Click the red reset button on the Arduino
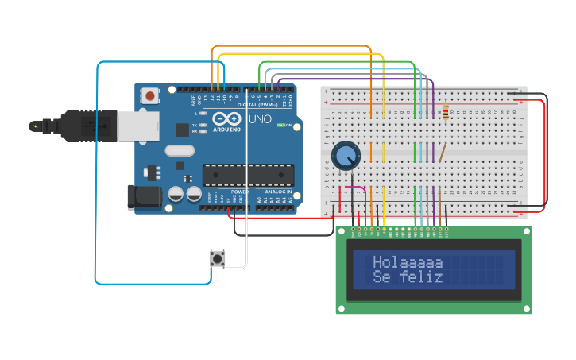[x=149, y=96]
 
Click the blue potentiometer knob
[x=346, y=156]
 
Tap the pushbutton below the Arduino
[x=217, y=258]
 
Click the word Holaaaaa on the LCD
[x=408, y=262]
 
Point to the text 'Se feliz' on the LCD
[x=408, y=277]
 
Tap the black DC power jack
[x=141, y=198]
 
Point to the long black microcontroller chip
[x=248, y=174]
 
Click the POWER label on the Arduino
[x=239, y=192]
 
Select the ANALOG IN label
[x=275, y=192]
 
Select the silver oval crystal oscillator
[x=180, y=150]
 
